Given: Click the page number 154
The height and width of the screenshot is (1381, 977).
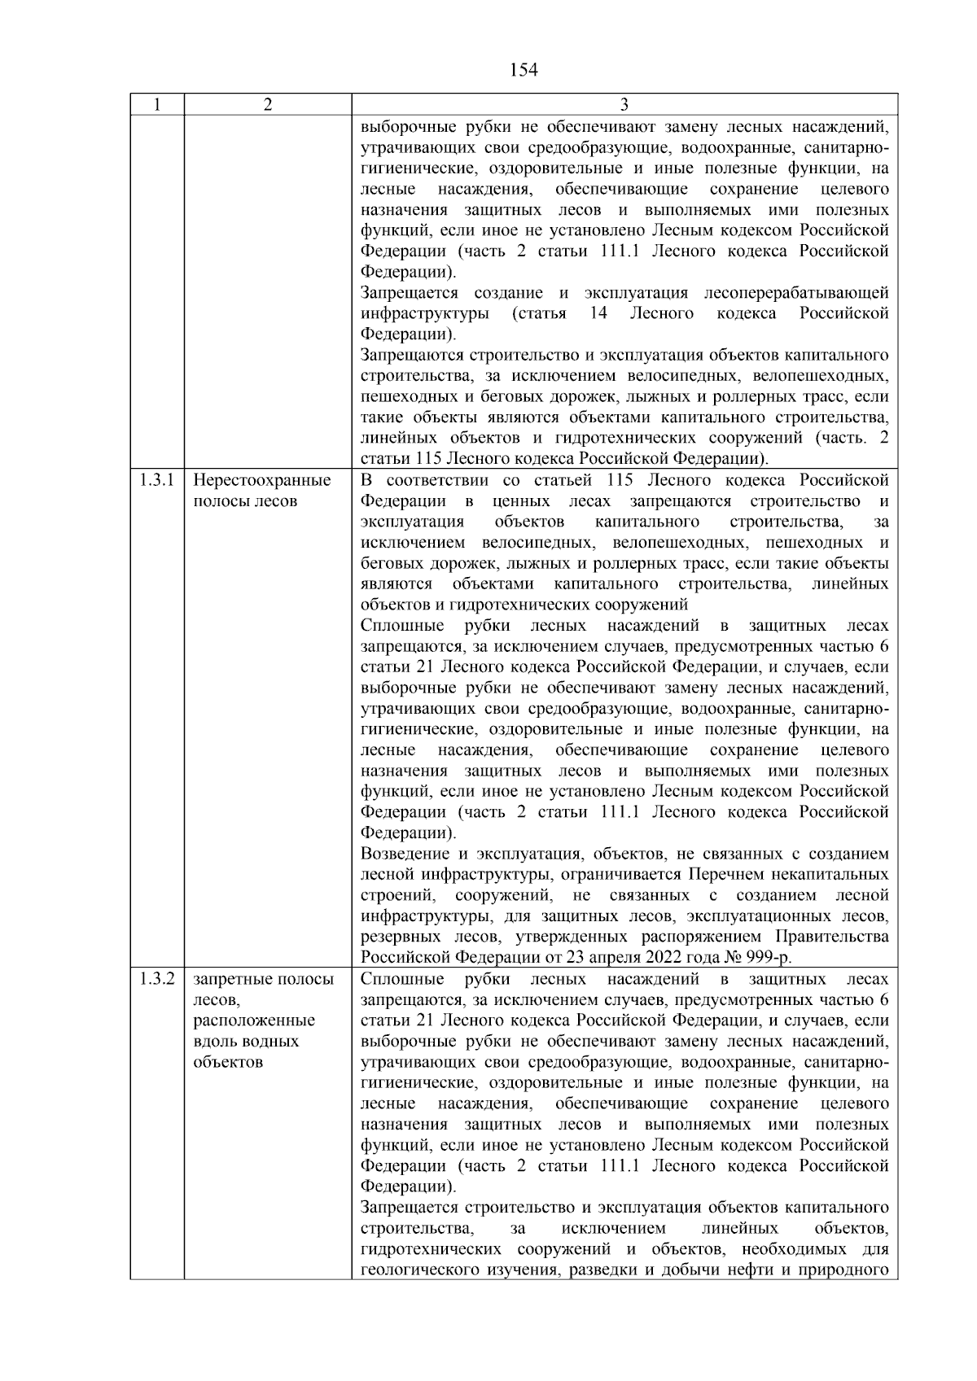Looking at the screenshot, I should coord(524,71).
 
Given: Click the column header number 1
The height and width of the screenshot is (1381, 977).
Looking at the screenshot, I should coord(156,105).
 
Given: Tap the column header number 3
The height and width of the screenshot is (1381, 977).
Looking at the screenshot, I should coord(624,105).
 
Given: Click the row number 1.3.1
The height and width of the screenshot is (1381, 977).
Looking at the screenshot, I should coord(156,480).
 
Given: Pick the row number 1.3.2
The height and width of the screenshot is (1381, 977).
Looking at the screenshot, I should coord(156,979).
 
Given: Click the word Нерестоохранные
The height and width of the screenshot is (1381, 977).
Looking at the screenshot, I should coord(262,480).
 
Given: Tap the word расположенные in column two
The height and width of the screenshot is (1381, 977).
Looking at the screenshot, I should coord(254,1020).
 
